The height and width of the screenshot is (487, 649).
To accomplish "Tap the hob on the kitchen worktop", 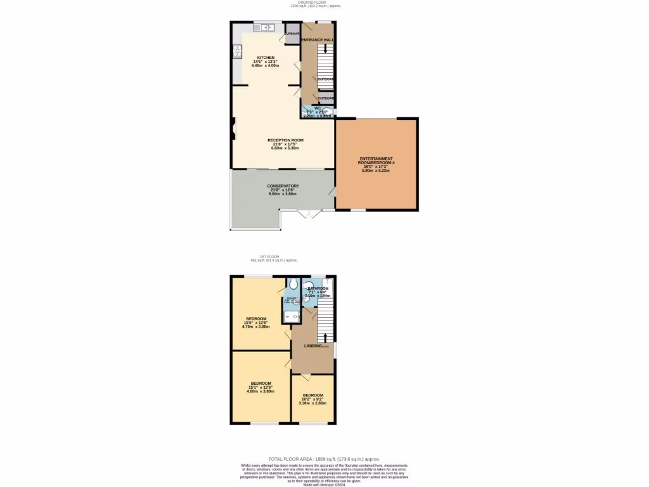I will click(x=238, y=53).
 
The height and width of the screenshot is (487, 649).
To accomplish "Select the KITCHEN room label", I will click(x=266, y=57).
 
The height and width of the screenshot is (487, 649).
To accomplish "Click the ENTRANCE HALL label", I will click(x=317, y=39).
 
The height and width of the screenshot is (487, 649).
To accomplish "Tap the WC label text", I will click(x=318, y=108).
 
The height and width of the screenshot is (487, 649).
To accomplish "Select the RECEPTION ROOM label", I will click(x=285, y=140).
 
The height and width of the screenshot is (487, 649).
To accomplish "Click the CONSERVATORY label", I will click(x=283, y=186).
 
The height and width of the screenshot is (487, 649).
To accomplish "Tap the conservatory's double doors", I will click(x=309, y=214).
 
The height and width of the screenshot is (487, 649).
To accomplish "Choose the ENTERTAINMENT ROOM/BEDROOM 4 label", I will click(x=376, y=160).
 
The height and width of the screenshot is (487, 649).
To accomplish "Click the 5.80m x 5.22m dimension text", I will click(x=376, y=171).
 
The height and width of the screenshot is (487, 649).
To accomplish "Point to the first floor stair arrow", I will click(x=326, y=337).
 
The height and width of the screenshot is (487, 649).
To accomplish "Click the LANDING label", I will click(x=314, y=346).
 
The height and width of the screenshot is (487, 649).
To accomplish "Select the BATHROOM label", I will click(x=318, y=289).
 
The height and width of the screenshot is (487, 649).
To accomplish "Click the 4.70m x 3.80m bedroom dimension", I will click(x=257, y=327).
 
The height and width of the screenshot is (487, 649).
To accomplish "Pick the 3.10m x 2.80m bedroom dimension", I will click(x=312, y=403).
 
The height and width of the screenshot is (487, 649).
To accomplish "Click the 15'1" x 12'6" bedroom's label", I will click(x=260, y=383).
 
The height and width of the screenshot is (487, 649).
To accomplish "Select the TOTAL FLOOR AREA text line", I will click(x=324, y=458).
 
